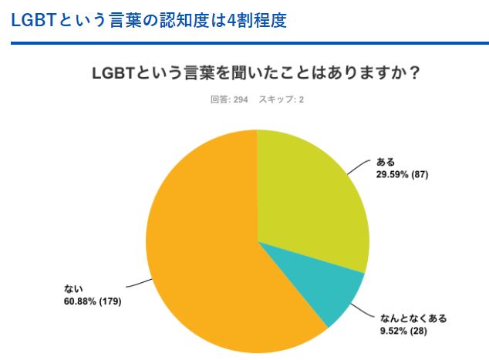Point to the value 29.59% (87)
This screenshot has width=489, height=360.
click(x=401, y=174)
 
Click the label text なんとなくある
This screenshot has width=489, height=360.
click(x=413, y=318)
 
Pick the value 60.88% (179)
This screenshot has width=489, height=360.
click(x=93, y=301)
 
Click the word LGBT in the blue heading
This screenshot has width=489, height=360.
click(x=33, y=19)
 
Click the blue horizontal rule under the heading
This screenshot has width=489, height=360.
click(x=244, y=42)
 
